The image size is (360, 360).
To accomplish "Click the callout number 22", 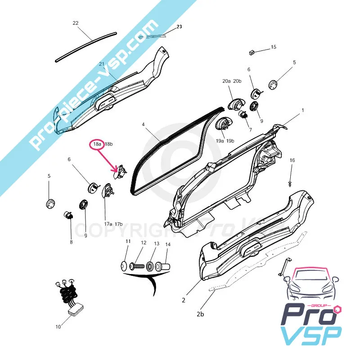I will pyautogui.click(x=75, y=23).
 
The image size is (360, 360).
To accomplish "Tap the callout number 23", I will pyautogui.click(x=179, y=27).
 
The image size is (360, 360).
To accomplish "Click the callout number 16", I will pyautogui.click(x=292, y=160).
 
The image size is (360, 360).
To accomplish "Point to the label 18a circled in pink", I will pyautogui.click(x=97, y=144).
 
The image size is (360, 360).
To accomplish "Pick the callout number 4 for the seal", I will pyautogui.click(x=143, y=124).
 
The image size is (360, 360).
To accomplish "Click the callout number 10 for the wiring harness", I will pyautogui.click(x=58, y=327).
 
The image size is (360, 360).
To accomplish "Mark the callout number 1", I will pyautogui.click(x=303, y=110).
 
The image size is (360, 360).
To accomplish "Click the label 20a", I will pyautogui.click(x=226, y=81).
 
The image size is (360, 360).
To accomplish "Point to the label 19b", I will pyautogui.click(x=230, y=141).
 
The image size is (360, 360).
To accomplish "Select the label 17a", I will pyautogui.click(x=108, y=224).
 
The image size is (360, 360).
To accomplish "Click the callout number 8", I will pyautogui.click(x=71, y=243).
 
